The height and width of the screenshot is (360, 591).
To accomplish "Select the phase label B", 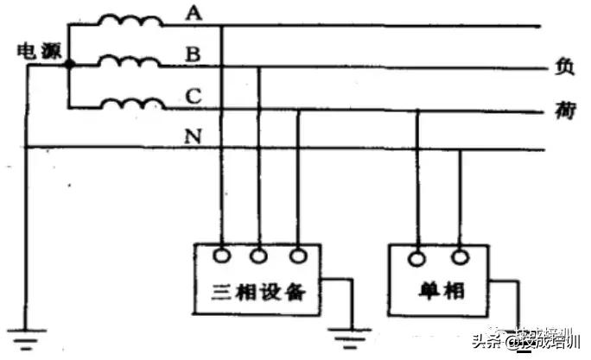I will (x=193, y=54).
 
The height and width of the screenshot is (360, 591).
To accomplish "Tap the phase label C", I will (x=193, y=95).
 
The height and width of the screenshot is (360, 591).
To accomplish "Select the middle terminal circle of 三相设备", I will (x=259, y=256).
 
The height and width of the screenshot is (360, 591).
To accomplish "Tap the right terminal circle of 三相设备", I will (x=298, y=256).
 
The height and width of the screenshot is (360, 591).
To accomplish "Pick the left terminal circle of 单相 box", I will (x=418, y=256).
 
